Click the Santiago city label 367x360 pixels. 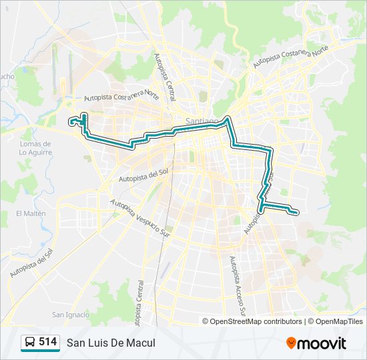coord(202,121)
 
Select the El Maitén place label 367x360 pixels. coord(31,213)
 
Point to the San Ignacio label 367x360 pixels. coord(71,315)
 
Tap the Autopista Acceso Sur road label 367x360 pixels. coord(237,287)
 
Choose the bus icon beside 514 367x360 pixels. coord(30,343)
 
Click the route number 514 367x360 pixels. coord(47,342)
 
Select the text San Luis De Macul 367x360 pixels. coord(111,343)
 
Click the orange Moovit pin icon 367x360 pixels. coord(292,343)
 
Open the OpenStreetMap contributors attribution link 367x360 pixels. coord(256,321)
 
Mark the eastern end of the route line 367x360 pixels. coord(296,212)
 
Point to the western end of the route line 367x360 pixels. coord(71,121)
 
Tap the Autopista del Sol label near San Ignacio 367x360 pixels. coord(32,264)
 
